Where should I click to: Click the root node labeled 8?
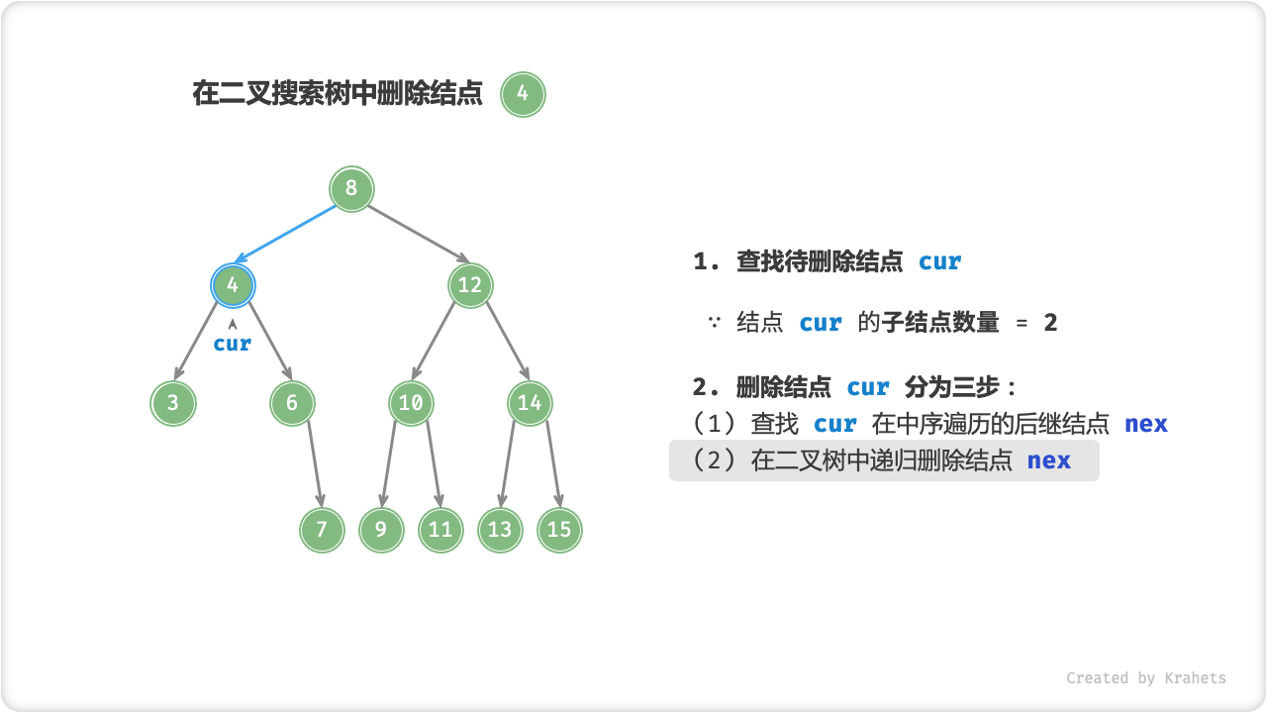[351, 188]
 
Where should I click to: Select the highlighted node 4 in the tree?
[233, 285]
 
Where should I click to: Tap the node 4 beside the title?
[523, 95]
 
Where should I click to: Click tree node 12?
[470, 285]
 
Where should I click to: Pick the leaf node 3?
[173, 403]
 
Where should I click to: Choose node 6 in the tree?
[292, 403]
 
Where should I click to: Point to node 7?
[322, 529]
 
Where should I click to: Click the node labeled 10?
[411, 403]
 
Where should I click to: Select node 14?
[530, 403]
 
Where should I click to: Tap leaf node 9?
[381, 529]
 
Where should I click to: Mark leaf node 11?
[440, 529]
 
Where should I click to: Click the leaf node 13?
[500, 529]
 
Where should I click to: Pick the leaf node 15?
[559, 529]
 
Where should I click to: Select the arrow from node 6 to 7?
[315, 463]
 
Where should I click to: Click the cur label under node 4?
[233, 344]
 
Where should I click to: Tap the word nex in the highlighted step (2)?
[1048, 460]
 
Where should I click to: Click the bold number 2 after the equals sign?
[1050, 323]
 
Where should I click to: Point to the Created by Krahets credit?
[1145, 678]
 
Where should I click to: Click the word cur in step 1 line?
[939, 261]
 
